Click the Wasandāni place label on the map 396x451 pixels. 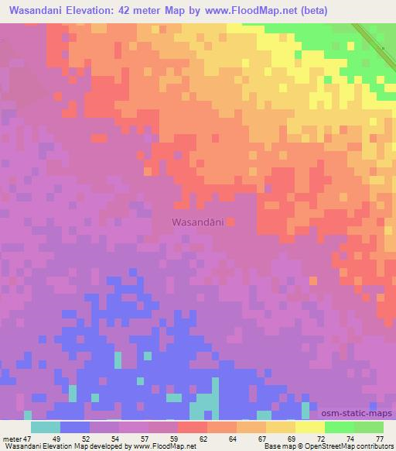[x=196, y=222]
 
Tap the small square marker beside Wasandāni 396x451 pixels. [x=230, y=222]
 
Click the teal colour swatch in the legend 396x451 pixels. [x=46, y=426]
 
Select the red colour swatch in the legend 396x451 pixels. [x=193, y=426]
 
